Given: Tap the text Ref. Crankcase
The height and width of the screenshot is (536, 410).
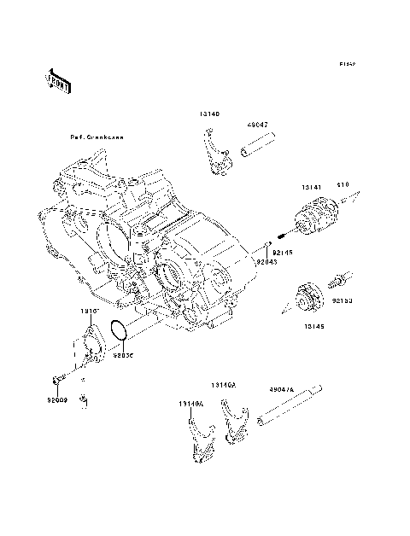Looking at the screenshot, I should [97, 137].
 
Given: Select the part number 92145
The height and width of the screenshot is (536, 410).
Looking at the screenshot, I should [294, 253].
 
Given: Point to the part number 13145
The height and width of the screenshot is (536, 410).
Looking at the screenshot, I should [313, 324].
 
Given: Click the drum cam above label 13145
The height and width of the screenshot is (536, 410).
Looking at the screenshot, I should [307, 300].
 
